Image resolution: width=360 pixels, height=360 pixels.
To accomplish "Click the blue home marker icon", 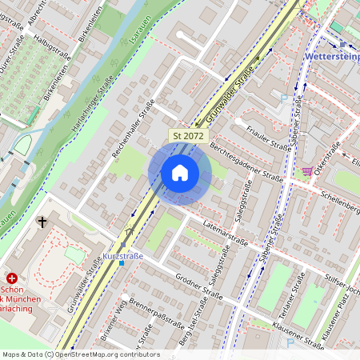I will coord(180,173).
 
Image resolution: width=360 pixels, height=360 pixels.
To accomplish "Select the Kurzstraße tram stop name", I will coord(123,256).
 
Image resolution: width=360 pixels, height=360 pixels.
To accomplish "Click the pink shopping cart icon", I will coord(307,171).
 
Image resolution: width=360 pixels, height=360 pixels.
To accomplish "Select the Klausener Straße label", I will coord(298,336).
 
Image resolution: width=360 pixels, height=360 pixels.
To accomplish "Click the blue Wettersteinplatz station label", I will coord(331,57).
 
